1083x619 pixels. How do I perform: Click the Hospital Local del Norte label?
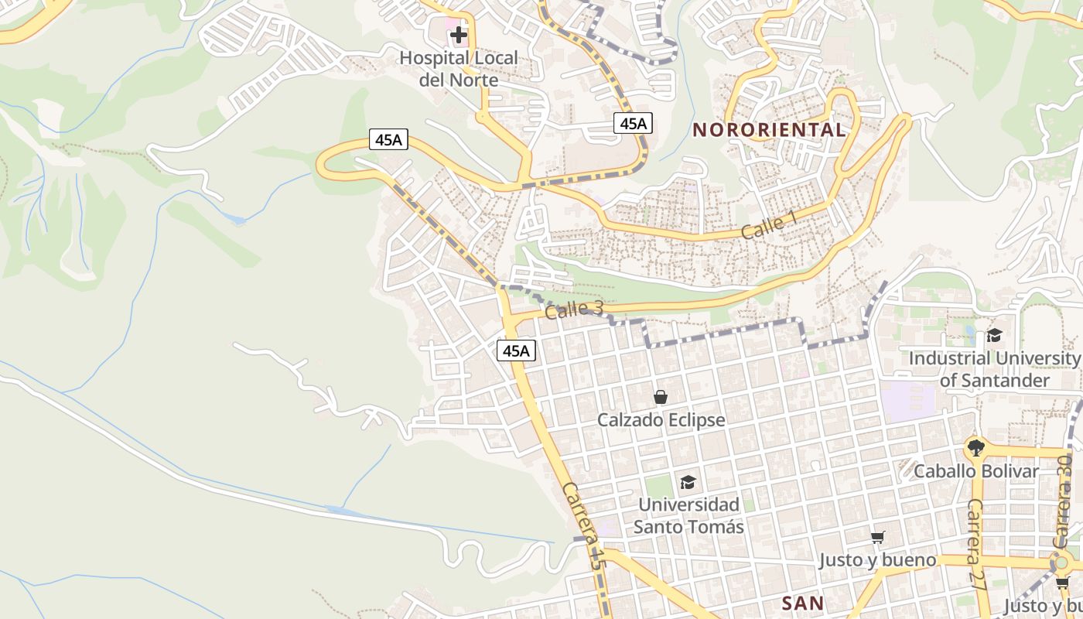[459, 68]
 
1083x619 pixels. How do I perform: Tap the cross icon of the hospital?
[459, 35]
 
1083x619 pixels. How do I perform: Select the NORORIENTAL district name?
[769, 130]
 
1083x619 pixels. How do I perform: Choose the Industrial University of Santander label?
[994, 369]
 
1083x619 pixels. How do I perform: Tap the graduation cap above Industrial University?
[994, 335]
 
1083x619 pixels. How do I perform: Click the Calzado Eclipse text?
[661, 420]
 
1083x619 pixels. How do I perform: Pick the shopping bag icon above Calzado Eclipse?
[661, 397]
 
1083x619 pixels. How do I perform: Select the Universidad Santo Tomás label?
[688, 515]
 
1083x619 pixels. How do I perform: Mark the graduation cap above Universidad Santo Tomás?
[688, 483]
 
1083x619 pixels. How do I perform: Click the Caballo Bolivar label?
[976, 471]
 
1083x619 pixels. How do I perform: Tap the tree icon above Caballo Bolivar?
[976, 447]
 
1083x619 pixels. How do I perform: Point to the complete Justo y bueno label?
[877, 560]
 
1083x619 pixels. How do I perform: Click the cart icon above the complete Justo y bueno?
[877, 537]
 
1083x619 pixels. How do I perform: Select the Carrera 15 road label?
[582, 526]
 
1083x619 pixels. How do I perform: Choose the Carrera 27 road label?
[977, 545]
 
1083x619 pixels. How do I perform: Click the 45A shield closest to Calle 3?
[516, 351]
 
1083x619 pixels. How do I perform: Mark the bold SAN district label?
[802, 603]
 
